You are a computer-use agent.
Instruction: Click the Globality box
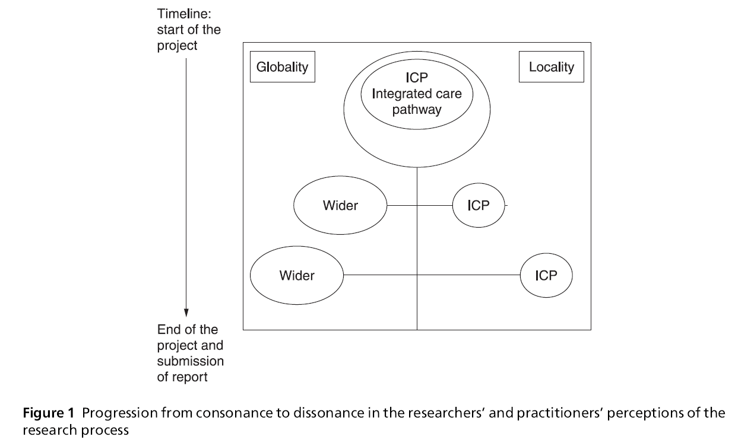[282, 66]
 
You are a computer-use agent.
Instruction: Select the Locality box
[552, 66]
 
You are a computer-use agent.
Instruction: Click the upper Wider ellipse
[340, 206]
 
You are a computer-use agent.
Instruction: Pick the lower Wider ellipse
[297, 275]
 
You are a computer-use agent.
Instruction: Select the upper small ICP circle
[478, 206]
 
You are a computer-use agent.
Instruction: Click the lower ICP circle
[546, 275]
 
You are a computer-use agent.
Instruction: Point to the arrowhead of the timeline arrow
[186, 312]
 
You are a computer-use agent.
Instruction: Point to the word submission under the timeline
[190, 361]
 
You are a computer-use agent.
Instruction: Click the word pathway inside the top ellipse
[417, 109]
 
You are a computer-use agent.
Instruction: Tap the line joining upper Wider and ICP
[420, 206]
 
